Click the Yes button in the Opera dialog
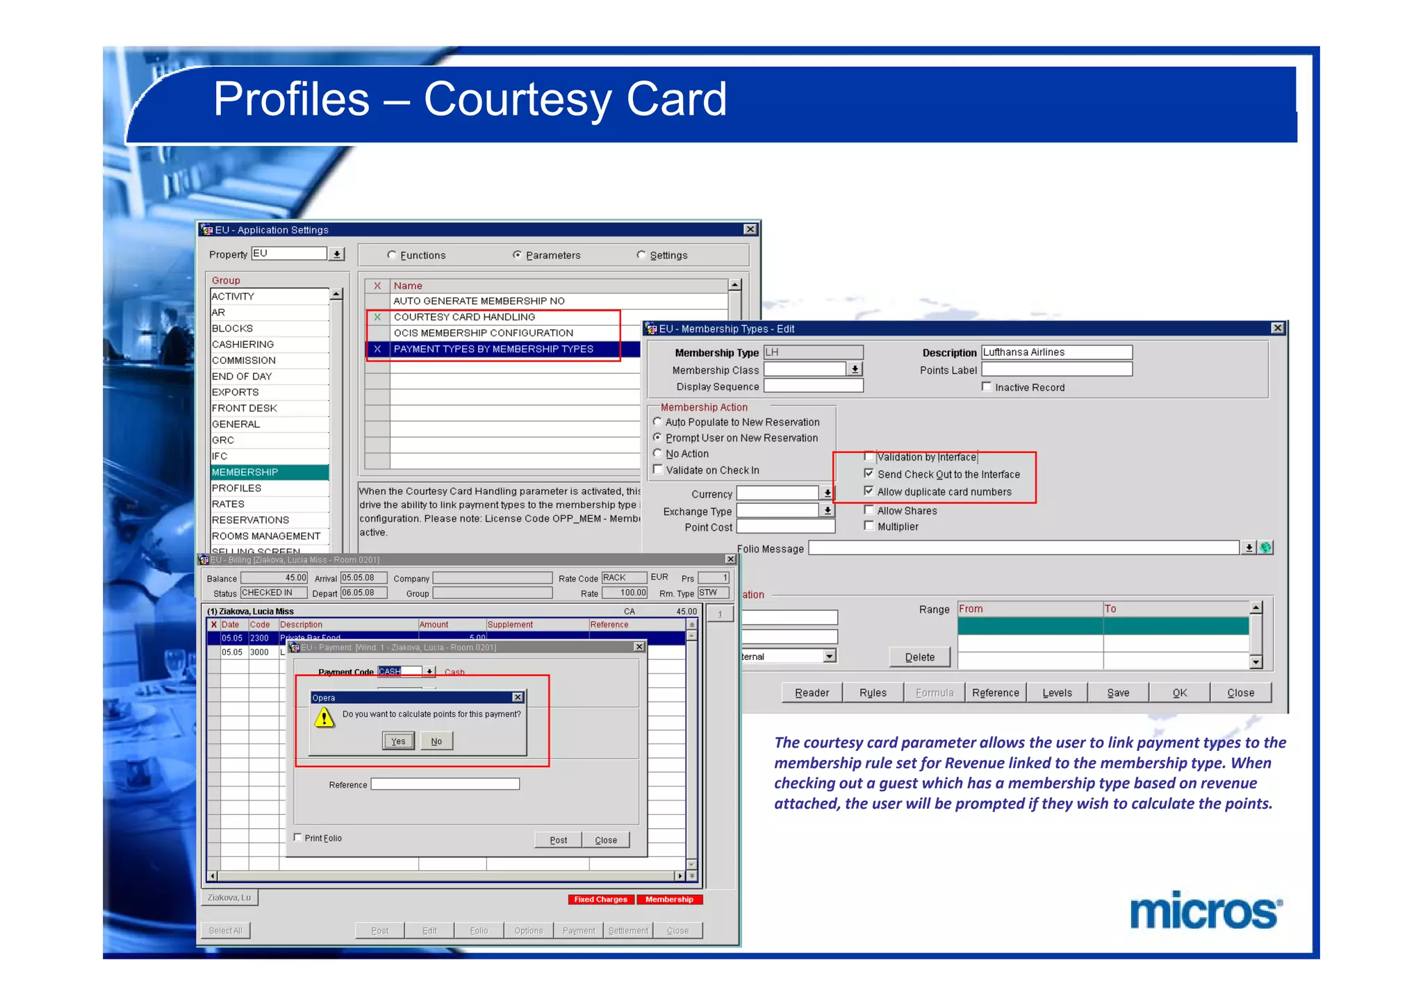[x=398, y=741]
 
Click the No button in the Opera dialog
[x=436, y=741]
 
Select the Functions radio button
[x=392, y=255]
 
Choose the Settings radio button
[x=641, y=255]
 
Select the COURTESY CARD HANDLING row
[x=464, y=317]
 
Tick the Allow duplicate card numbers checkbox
[x=869, y=491]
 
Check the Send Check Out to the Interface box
[x=869, y=474]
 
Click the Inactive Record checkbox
[x=987, y=387]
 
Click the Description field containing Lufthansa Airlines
[x=1056, y=352]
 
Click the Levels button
[x=1057, y=693]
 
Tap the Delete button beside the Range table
[x=919, y=657]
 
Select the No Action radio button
[x=657, y=454]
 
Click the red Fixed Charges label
[x=600, y=899]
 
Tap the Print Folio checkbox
[x=298, y=838]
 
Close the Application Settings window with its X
[x=750, y=229]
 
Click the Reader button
[x=812, y=693]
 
